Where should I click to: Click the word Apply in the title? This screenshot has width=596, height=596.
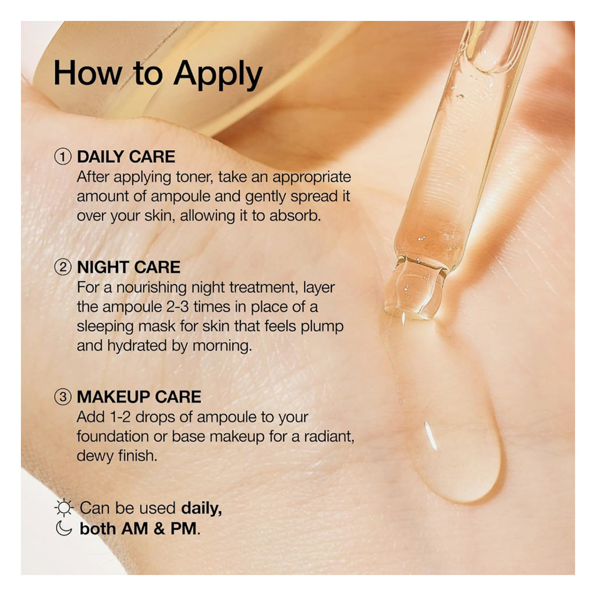point(218,74)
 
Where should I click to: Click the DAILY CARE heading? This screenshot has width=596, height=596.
point(126,157)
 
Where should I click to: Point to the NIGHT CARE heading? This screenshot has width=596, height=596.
point(129,267)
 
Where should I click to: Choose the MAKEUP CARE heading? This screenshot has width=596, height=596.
point(139,397)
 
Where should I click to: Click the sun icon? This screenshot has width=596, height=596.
point(63,508)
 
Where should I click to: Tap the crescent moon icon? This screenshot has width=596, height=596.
point(64,528)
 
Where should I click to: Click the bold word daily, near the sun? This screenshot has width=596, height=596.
point(201,508)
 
